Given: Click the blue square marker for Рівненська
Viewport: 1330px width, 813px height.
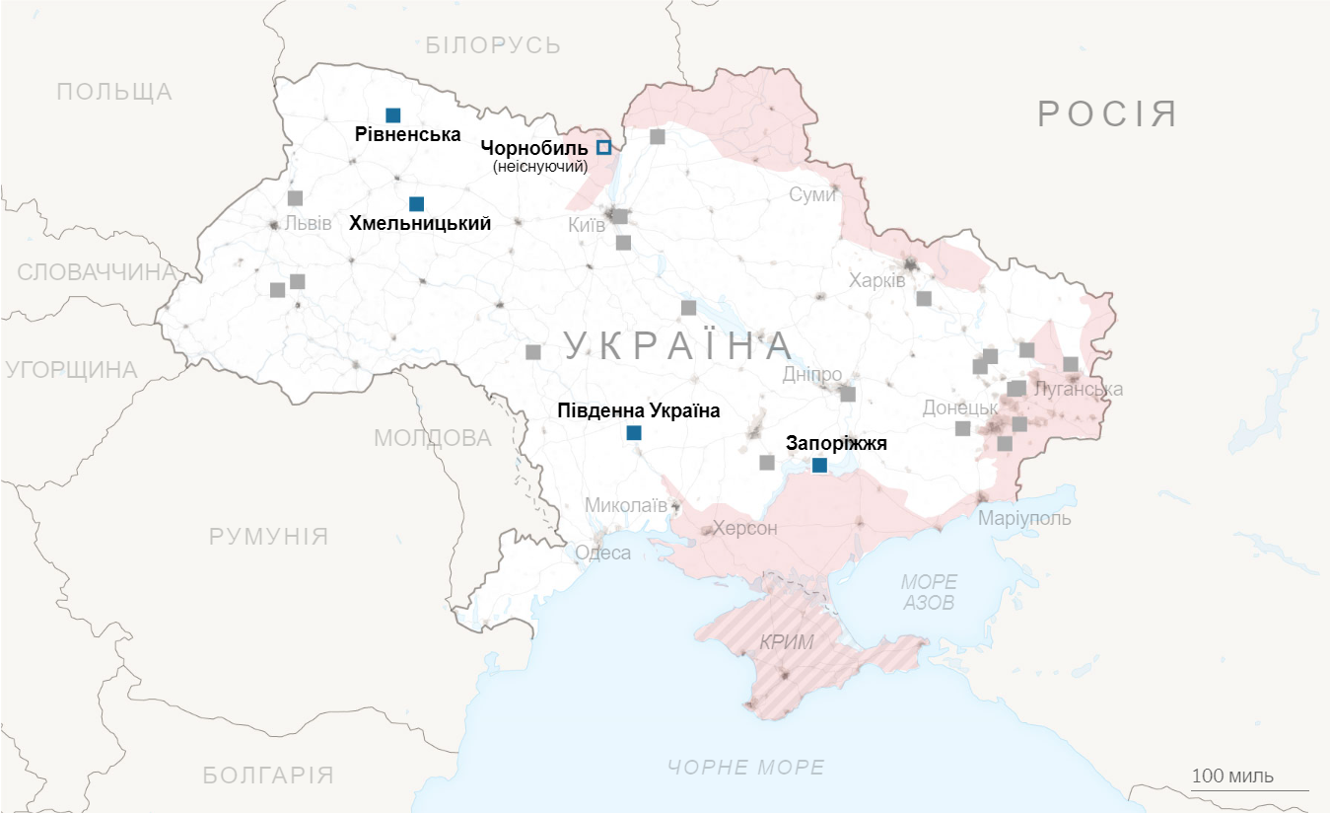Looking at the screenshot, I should [x=393, y=115].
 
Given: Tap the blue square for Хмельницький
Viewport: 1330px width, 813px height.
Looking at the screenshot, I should [x=416, y=204].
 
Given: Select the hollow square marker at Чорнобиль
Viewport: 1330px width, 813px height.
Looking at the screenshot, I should [x=604, y=147].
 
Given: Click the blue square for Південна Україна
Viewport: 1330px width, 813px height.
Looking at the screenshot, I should [x=634, y=432].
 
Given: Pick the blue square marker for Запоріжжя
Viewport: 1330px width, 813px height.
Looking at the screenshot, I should [x=819, y=465].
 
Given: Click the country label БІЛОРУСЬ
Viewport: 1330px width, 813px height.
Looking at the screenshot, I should [x=493, y=44].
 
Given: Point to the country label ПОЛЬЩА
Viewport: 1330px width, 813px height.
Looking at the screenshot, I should [x=114, y=92].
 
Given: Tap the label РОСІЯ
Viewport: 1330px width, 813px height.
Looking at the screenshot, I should [x=1107, y=114].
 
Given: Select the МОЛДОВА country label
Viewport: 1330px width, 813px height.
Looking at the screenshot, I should [x=432, y=438].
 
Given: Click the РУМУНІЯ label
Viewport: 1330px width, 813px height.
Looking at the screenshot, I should [x=268, y=537].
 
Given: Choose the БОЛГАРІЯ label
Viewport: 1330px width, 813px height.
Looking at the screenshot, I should [x=268, y=775].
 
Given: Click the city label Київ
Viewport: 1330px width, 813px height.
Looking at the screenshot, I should [x=587, y=226].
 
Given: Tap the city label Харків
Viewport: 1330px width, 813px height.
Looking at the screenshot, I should [x=876, y=281].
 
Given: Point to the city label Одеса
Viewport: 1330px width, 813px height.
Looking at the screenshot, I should [x=602, y=553].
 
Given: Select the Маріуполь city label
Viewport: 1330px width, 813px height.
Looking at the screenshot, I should [x=1024, y=519].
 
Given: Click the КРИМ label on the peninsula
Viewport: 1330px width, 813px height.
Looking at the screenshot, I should [x=787, y=642].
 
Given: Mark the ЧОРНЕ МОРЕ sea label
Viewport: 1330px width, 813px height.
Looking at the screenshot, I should [x=745, y=768].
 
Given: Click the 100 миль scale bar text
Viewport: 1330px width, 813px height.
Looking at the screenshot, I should [x=1232, y=776].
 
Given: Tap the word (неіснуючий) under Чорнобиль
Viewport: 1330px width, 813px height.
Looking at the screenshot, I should [x=539, y=167].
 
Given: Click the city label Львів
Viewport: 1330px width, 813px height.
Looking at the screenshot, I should [x=308, y=223].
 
